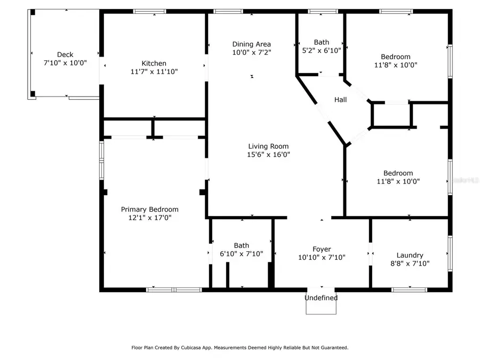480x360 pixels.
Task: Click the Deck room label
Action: [65, 54]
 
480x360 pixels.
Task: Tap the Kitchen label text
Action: [154, 63]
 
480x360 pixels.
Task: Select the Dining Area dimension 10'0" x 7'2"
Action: [252, 52]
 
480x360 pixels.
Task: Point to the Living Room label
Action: [268, 146]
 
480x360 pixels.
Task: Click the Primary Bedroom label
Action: [149, 210]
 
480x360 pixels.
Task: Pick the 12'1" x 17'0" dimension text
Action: [149, 218]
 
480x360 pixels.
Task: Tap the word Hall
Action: [340, 100]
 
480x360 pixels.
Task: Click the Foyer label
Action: [322, 249]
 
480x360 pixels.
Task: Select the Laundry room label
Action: [410, 255]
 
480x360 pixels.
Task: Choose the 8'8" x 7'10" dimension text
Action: [410, 263]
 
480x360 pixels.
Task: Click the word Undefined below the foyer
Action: [321, 298]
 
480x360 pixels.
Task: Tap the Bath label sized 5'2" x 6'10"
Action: [322, 42]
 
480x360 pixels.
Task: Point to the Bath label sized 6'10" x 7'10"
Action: [241, 246]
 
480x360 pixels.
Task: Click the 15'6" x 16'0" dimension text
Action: [268, 155]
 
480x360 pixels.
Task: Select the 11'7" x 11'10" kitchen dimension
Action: [154, 71]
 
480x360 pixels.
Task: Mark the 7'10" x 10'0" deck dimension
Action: [65, 62]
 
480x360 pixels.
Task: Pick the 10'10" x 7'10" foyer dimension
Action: [322, 257]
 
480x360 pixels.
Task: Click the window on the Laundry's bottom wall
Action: [409, 290]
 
